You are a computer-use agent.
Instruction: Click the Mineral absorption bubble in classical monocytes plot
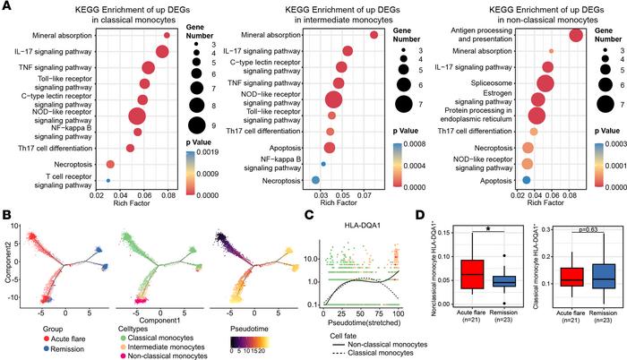tap(167, 36)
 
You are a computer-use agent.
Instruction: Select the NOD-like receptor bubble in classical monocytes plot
tap(137, 116)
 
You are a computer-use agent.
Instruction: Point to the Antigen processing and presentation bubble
tap(575, 34)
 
